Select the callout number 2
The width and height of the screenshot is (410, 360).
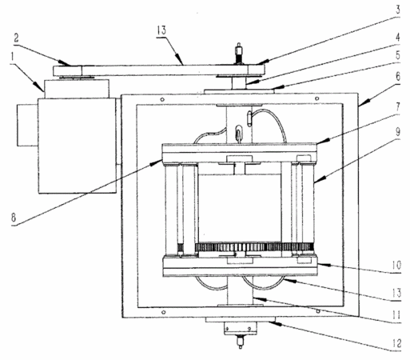pos(16,38)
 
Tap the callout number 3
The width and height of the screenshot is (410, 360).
pos(398,10)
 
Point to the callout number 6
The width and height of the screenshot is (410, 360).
pos(398,77)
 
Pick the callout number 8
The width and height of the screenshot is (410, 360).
pos(14,218)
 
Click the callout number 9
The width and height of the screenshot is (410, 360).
pos(398,131)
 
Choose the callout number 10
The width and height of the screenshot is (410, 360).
pos(396,266)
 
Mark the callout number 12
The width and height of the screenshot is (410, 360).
pos(396,343)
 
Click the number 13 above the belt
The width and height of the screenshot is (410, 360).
pos(161,30)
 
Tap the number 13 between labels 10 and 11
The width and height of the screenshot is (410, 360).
pos(396,293)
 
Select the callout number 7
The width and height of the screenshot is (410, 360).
pos(398,106)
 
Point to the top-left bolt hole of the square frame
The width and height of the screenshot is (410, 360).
pos(162,100)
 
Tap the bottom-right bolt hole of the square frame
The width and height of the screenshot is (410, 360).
pos(318,311)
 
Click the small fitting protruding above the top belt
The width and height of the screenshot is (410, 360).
pos(239,54)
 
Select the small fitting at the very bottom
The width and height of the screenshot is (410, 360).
pos(241,342)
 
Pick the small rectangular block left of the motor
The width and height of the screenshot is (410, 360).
pos(28,125)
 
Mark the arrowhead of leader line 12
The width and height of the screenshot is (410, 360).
pos(273,324)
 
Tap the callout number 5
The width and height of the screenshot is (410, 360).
pos(398,55)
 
